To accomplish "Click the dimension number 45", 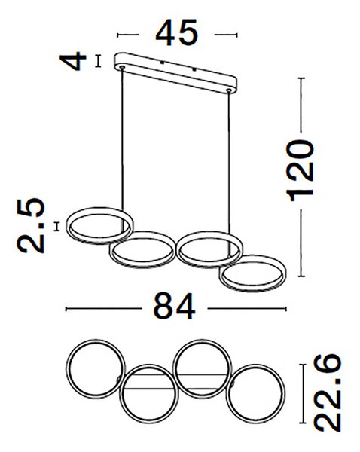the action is (x=177, y=33).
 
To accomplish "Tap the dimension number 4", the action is (x=73, y=61).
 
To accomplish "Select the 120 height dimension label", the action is (x=300, y=170).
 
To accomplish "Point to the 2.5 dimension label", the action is (x=31, y=225).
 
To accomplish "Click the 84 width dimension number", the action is (x=175, y=306).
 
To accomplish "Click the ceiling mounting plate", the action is (x=175, y=72).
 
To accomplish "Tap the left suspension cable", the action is (x=122, y=139).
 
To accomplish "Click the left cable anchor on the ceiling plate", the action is (x=122, y=68).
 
